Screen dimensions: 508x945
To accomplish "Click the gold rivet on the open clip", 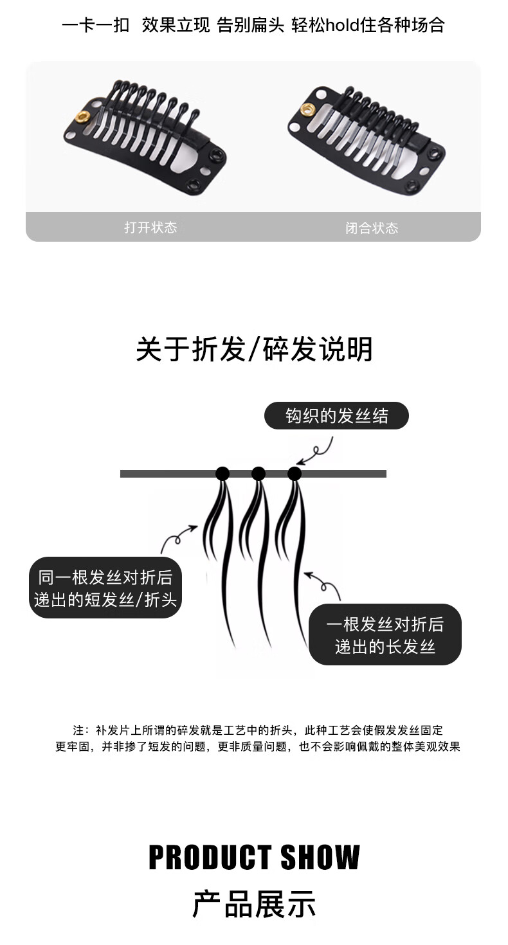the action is click(83, 117).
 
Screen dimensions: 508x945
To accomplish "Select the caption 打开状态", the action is click(150, 228).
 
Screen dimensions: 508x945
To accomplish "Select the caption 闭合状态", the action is click(372, 228).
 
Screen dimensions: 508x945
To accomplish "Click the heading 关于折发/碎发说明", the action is click(254, 349).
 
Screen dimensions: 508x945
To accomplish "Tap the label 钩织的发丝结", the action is click(336, 416).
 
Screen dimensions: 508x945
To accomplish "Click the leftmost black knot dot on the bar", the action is click(222, 474).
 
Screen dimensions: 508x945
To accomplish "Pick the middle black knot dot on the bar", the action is click(259, 474).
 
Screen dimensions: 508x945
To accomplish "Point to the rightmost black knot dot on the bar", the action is click(295, 474).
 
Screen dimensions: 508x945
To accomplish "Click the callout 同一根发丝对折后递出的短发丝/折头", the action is click(105, 588).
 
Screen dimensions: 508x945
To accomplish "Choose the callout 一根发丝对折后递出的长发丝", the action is click(385, 634).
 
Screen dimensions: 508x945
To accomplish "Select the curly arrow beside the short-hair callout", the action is click(179, 537).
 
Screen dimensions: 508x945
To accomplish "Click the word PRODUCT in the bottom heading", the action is click(208, 858).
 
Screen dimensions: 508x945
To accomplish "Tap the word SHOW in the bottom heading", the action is click(320, 858).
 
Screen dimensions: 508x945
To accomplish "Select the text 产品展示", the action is click(254, 904).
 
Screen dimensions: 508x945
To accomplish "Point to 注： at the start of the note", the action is click(80, 730).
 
